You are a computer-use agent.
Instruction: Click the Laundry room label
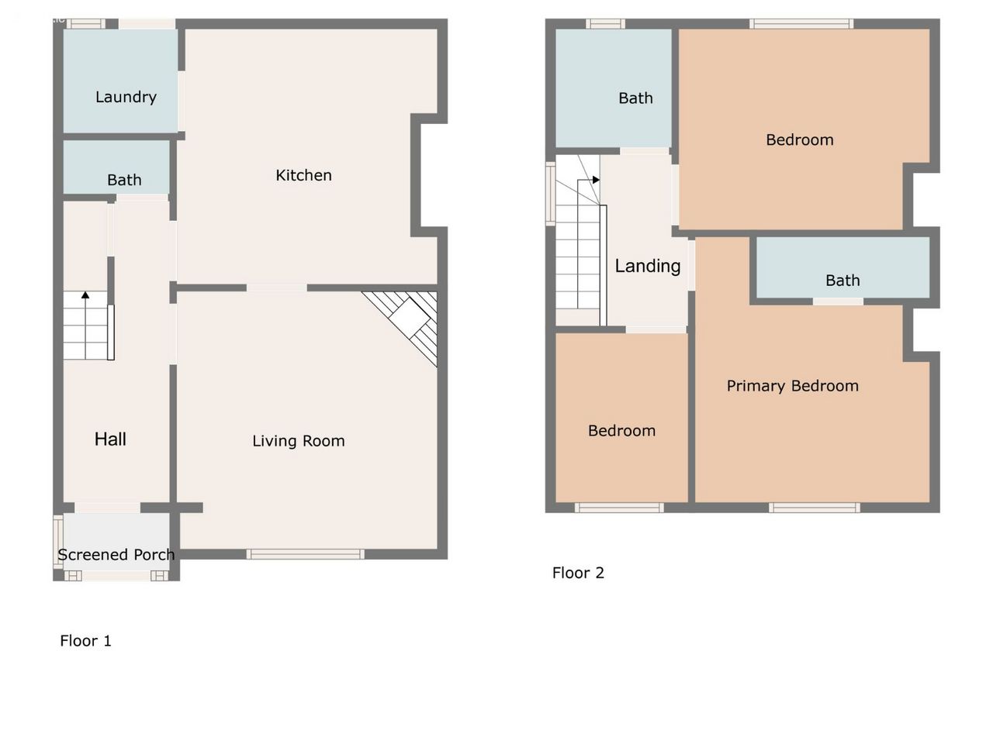[x=126, y=97]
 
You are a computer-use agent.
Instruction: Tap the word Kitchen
[x=303, y=175]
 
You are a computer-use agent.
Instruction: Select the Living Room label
[x=299, y=441]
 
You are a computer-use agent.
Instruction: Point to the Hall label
[x=110, y=439]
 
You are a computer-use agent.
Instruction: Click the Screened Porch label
[x=116, y=555]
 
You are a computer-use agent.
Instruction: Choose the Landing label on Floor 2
[x=647, y=266]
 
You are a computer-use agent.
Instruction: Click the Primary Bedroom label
[x=793, y=386]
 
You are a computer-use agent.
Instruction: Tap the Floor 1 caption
[x=85, y=641]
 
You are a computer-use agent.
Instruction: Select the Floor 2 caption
[x=578, y=573]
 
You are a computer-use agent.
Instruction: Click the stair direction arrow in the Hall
[x=85, y=325]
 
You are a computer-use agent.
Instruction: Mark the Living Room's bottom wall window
[x=306, y=554]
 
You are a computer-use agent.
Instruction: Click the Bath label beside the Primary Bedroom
[x=842, y=281]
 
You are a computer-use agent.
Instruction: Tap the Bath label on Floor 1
[x=124, y=181]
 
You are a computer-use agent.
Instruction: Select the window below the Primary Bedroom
[x=814, y=508]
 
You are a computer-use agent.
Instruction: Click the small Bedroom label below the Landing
[x=621, y=431]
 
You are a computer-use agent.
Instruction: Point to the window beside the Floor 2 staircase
[x=550, y=194]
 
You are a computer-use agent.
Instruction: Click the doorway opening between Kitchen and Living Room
[x=276, y=288]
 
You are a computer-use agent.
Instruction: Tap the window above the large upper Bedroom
[x=801, y=23]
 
